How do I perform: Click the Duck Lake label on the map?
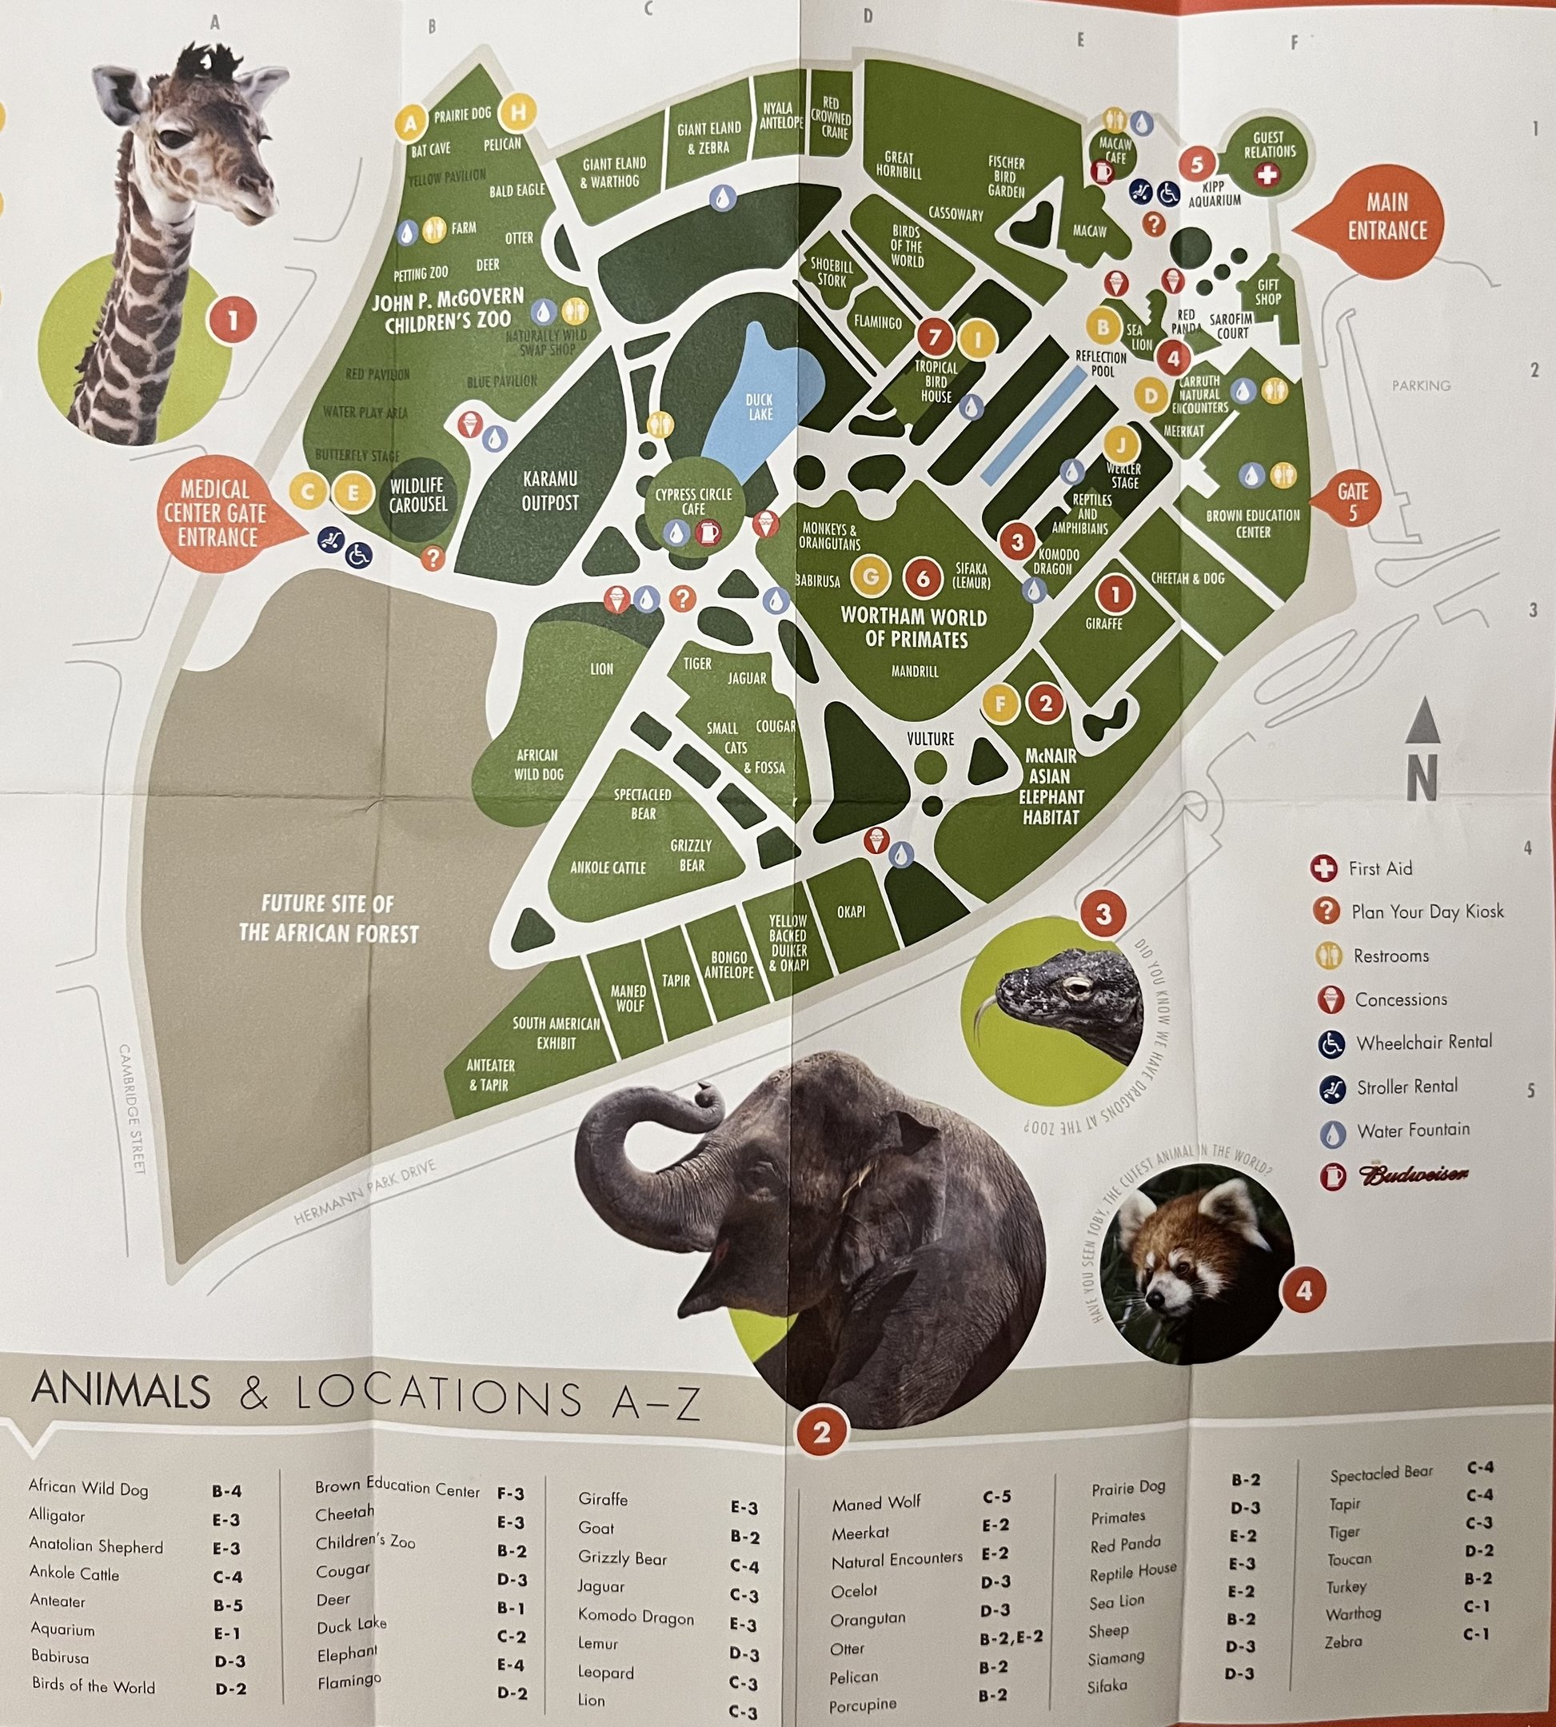point(759,407)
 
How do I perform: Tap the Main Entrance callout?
point(1386,217)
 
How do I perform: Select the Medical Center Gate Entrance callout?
point(215,513)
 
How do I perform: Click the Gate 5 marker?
point(1353,502)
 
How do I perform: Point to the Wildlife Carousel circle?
point(417,496)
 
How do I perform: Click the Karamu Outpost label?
point(550,491)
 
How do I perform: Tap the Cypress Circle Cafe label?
point(693,501)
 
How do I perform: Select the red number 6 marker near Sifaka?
point(923,578)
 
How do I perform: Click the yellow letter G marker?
point(870,576)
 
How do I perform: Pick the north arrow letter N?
point(1422,778)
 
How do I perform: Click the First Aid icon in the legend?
point(1323,868)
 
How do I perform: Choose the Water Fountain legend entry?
point(1412,1131)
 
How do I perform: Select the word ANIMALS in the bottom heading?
point(121,1391)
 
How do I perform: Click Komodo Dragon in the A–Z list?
point(635,1617)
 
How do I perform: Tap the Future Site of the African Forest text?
point(329,918)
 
